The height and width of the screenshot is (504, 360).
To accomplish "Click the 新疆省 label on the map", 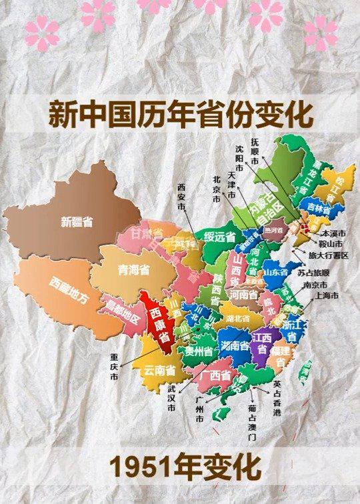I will point(77,222).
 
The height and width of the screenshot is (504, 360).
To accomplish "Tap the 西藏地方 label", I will point(68,291).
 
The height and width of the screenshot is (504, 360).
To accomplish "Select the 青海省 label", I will point(133,270).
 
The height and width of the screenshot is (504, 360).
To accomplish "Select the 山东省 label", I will point(274,272).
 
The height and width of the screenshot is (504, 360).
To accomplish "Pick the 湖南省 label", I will point(235,346).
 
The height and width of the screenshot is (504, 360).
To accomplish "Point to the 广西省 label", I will point(215,376).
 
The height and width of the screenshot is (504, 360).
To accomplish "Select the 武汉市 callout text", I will point(171,398).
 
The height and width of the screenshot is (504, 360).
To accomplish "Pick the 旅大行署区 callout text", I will point(328,255).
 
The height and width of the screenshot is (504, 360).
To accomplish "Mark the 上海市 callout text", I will point(326,295).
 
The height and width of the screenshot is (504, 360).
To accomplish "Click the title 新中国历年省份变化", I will point(180,114).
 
